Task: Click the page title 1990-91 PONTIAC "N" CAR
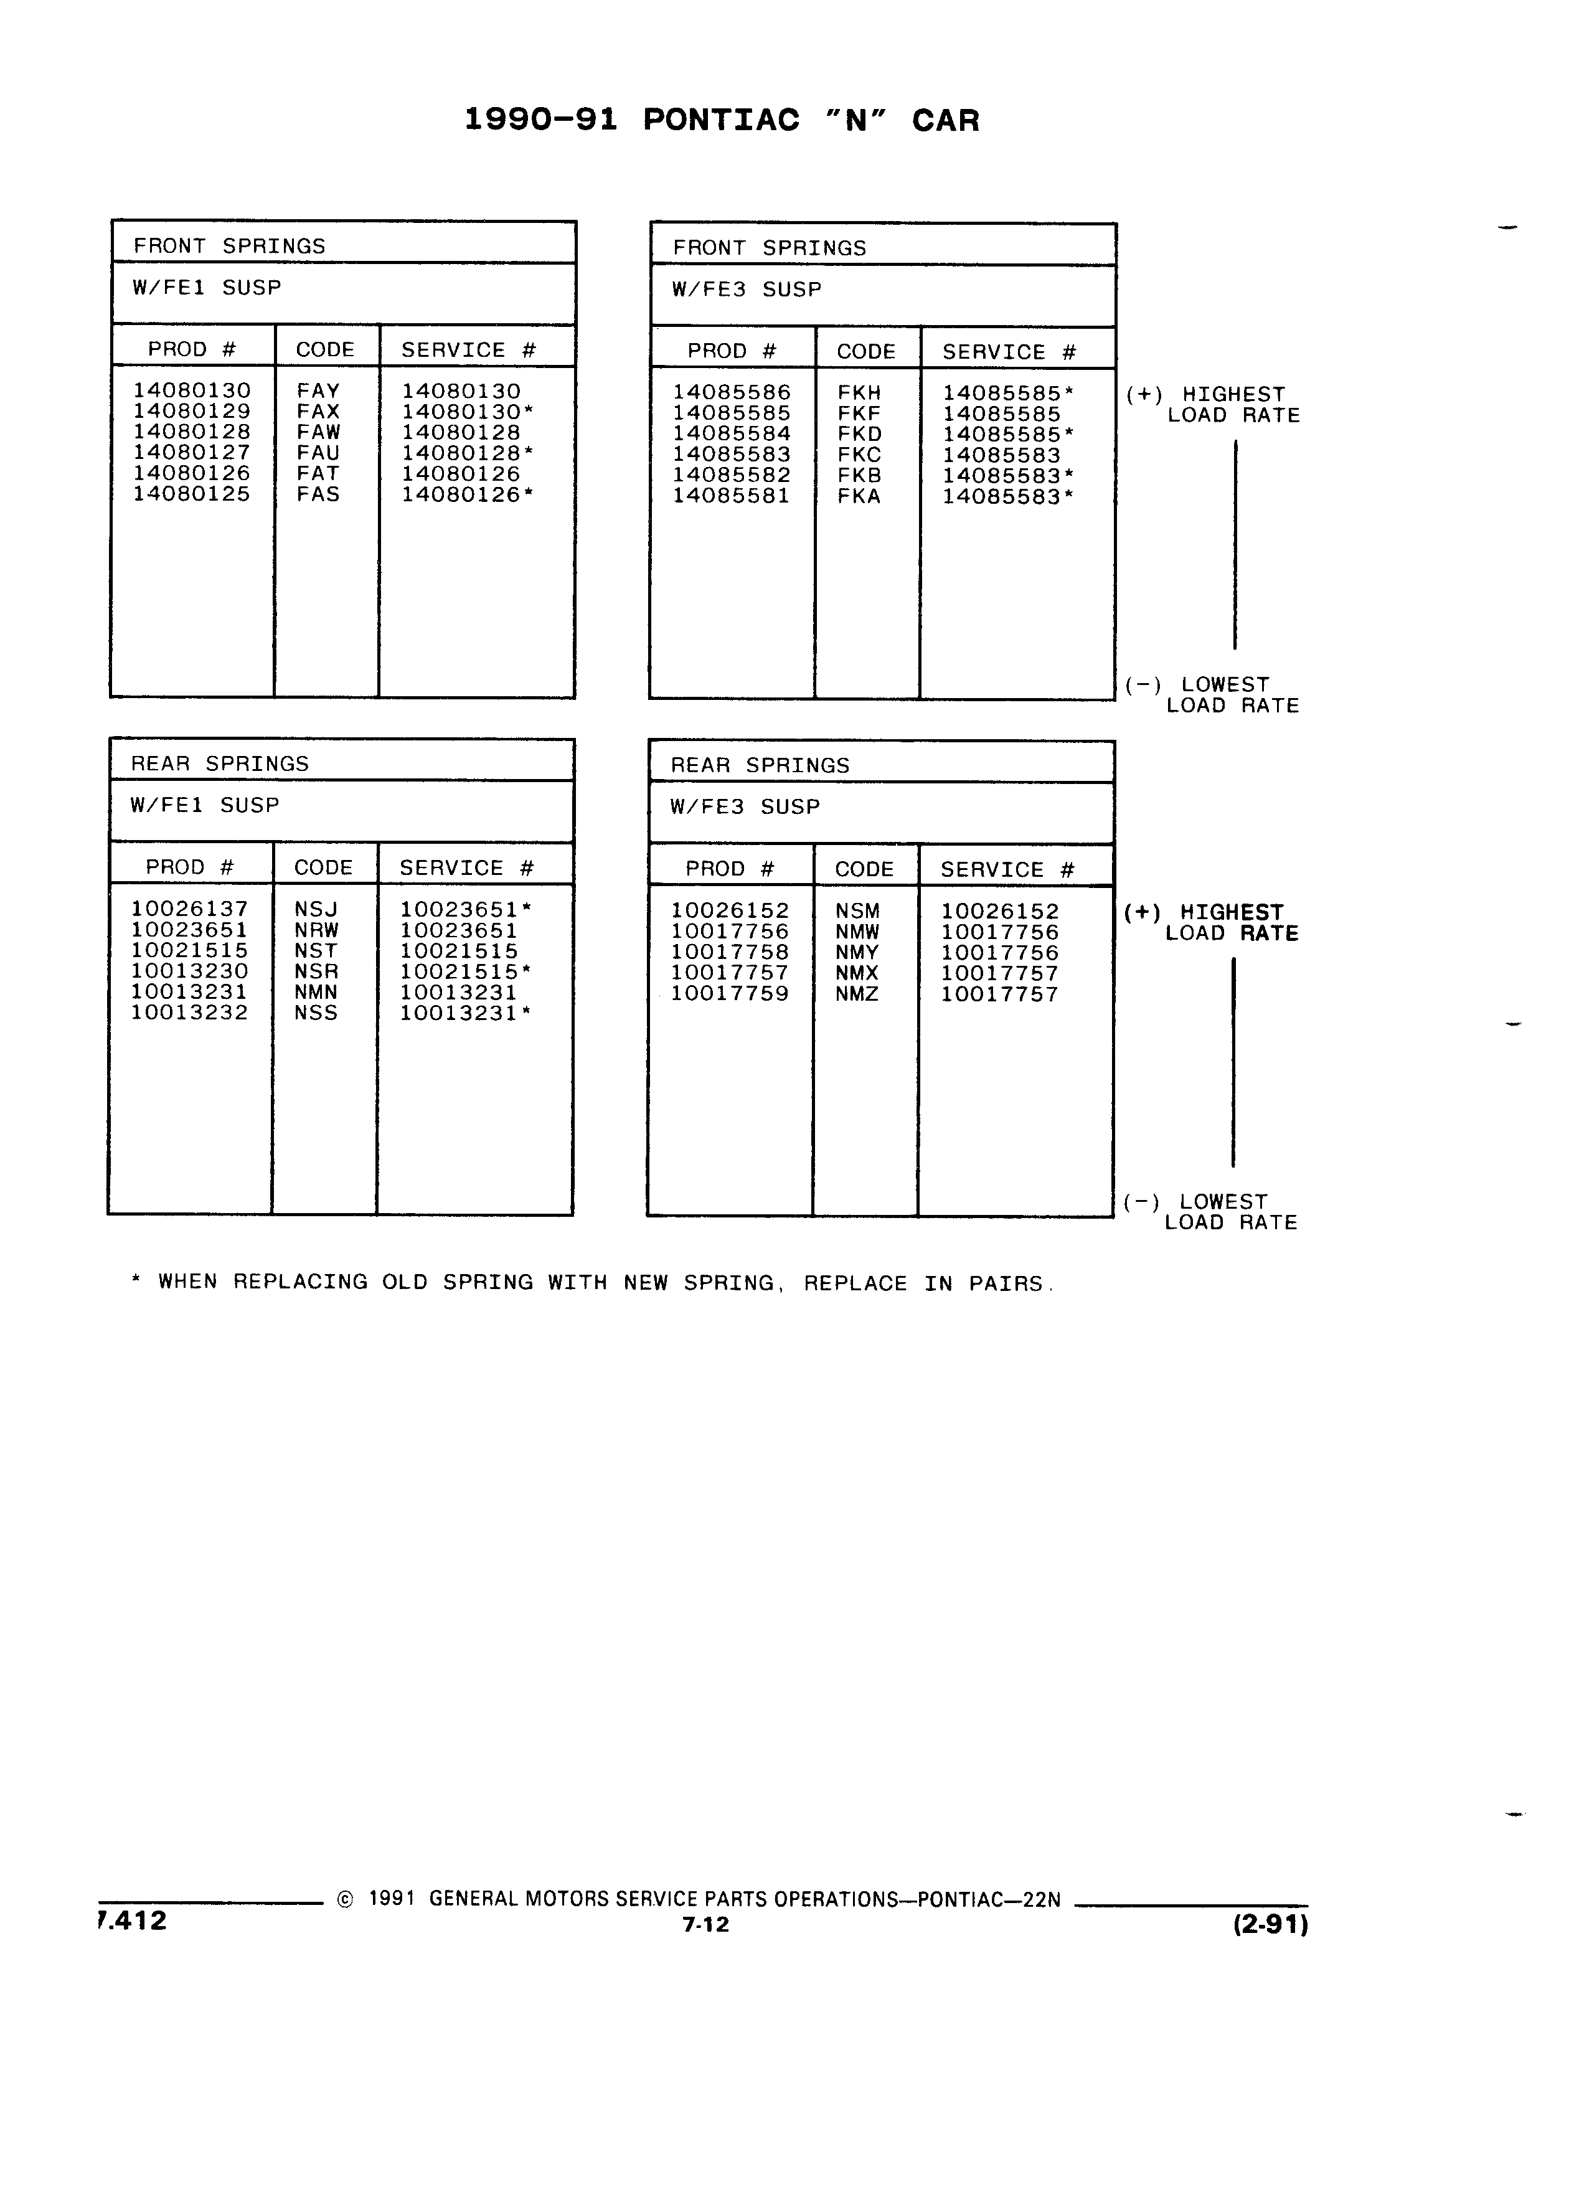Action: [722, 120]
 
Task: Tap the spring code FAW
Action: [318, 432]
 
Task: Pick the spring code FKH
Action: [859, 392]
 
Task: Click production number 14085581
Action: [732, 496]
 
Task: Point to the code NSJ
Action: [316, 909]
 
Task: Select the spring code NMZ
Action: [857, 993]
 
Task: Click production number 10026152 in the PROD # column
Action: [730, 910]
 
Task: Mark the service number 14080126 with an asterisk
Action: [468, 495]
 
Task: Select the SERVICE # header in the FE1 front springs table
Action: [469, 350]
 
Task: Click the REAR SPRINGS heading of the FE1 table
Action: [219, 763]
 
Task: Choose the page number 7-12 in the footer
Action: [705, 1924]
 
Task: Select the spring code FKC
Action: [859, 454]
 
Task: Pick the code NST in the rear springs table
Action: [316, 950]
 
